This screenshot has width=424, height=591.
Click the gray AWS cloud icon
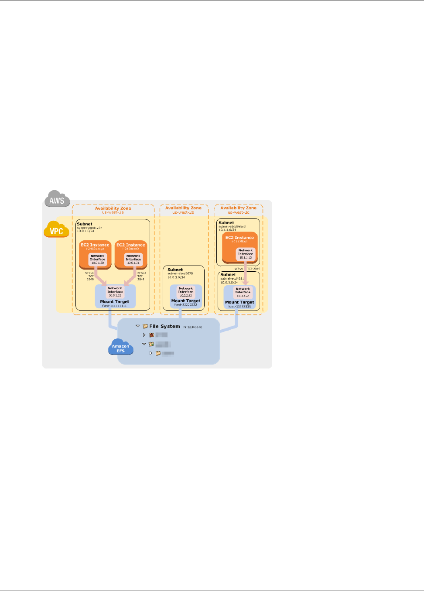tap(57, 200)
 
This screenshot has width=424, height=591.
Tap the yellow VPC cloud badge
tap(56, 230)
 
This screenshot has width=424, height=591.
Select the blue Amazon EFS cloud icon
tap(120, 348)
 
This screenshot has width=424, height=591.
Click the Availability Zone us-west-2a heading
tap(113, 208)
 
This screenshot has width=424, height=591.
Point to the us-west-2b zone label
tap(183, 212)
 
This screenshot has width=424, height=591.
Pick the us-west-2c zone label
tap(238, 212)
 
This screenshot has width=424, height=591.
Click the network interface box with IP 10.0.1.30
tap(98, 260)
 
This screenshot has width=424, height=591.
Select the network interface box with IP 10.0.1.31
tap(133, 260)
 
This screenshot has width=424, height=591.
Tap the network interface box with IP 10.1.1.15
tap(246, 254)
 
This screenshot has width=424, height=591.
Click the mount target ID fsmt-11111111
tap(115, 306)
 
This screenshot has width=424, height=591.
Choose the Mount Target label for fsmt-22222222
tap(186, 301)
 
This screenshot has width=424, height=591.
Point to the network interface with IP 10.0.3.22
tap(243, 292)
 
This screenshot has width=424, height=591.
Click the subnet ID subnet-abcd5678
tap(180, 273)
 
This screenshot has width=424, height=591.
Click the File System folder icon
tap(145, 326)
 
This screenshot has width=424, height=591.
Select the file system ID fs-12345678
tap(192, 327)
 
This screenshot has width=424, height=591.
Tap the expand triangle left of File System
tap(137, 326)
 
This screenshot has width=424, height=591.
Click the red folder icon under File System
tap(151, 335)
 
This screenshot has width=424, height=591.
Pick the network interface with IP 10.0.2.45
tap(186, 292)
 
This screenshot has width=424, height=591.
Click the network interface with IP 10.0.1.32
tap(115, 292)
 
